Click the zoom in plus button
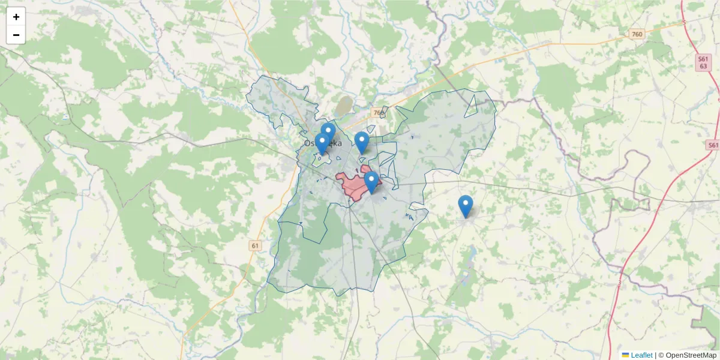point(16,17)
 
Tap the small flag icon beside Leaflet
point(625,355)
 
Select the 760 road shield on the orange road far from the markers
point(637,34)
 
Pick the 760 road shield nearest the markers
point(377,113)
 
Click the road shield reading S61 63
point(704,62)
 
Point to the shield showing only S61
point(713,145)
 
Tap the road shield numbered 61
point(256,245)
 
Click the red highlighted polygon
point(351,186)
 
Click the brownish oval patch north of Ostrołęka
point(344,106)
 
